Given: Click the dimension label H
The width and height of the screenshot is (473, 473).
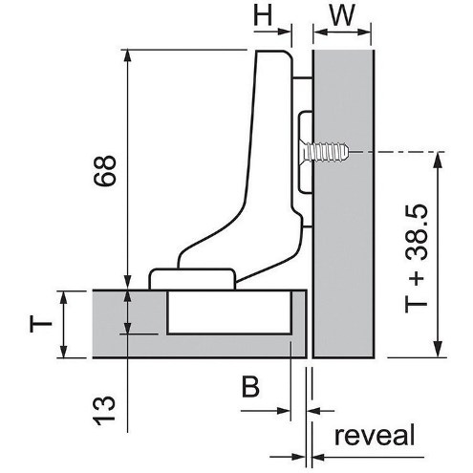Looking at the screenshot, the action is pos(263,15).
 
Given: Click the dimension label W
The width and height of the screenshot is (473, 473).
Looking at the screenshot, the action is pos(342,15).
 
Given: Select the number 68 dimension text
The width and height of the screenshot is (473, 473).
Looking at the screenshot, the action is pos(104,170).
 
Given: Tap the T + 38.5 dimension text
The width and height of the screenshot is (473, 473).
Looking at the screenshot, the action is pos(417,258).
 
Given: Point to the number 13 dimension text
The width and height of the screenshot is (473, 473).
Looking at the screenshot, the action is pos(104,410).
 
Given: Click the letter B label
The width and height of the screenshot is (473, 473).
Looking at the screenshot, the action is pos(250,387).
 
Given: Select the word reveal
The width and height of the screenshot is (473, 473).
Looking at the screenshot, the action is pos(375,435).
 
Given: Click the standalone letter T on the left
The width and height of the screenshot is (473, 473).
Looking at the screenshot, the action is pos(40,324).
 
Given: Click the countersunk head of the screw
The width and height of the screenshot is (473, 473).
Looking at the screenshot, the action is pos(307,152).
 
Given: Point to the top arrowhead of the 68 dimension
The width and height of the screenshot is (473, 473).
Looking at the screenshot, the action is pos(127,55).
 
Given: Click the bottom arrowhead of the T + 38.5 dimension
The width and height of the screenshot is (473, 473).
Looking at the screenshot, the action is pos(439,351).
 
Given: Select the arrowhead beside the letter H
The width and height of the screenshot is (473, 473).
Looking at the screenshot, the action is pos(284,32).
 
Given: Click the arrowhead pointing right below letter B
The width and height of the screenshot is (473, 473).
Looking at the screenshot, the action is pos(284,411).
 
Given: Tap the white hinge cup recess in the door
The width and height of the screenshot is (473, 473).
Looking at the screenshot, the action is pos(229,312).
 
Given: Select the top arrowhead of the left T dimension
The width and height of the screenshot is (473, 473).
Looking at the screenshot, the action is pos(64,298).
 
